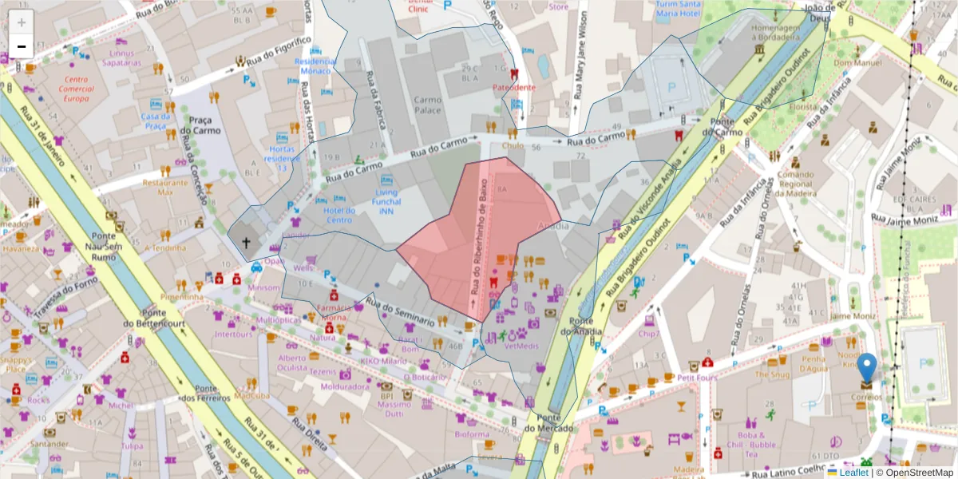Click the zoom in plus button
(x=22, y=22)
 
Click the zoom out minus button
(x=22, y=46)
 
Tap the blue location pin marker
(x=867, y=369)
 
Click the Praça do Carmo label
(x=200, y=125)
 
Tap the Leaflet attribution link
(x=853, y=473)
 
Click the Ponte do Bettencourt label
(x=152, y=318)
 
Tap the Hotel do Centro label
(x=339, y=215)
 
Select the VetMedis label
(x=523, y=346)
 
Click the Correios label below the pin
(x=865, y=396)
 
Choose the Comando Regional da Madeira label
(x=795, y=184)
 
